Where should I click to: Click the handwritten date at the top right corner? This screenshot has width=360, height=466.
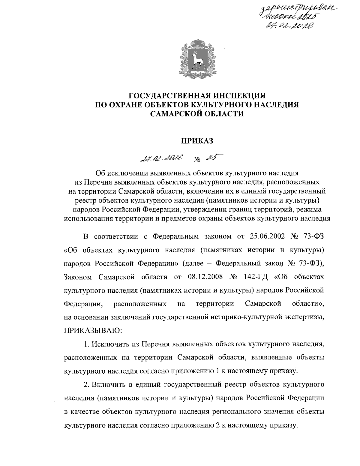pyautogui.click(x=287, y=26)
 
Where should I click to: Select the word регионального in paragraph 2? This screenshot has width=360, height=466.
pyautogui.click(x=232, y=411)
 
